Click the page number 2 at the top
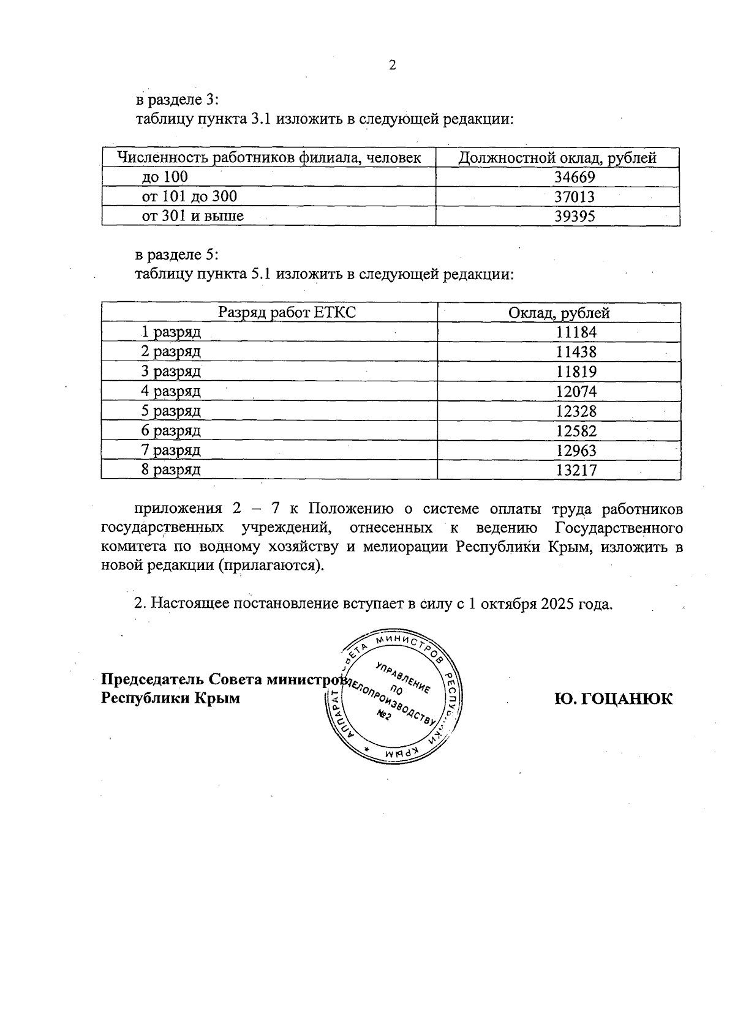click(x=393, y=65)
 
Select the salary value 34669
click(x=575, y=178)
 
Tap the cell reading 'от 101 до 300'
click(x=189, y=196)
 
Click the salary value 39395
click(x=575, y=216)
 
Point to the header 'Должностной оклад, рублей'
click(x=557, y=158)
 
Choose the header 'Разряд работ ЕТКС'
click(x=287, y=313)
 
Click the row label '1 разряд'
click(x=171, y=332)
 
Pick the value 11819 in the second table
click(x=576, y=372)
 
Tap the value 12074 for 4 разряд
click(x=576, y=391)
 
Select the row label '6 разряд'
click(x=171, y=430)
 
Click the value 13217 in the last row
click(x=576, y=470)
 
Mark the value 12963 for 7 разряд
click(x=576, y=451)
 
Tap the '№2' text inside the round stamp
click(x=384, y=716)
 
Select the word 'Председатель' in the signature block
click(x=153, y=679)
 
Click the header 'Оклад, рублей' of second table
click(x=559, y=313)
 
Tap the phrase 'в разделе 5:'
click(x=177, y=254)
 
